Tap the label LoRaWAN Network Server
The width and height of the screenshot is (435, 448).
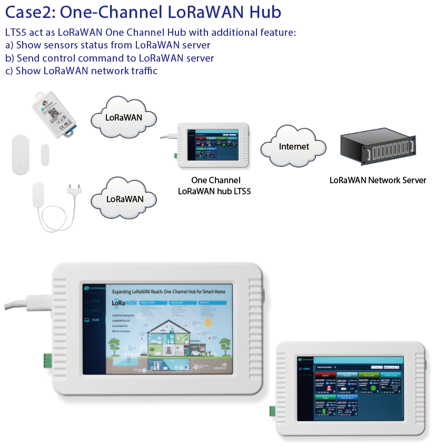coord(378,180)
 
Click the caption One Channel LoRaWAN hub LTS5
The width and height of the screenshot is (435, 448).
coord(214,186)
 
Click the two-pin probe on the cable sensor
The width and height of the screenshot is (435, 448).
coord(73,190)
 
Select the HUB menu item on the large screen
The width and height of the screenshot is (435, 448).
coord(95,320)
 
